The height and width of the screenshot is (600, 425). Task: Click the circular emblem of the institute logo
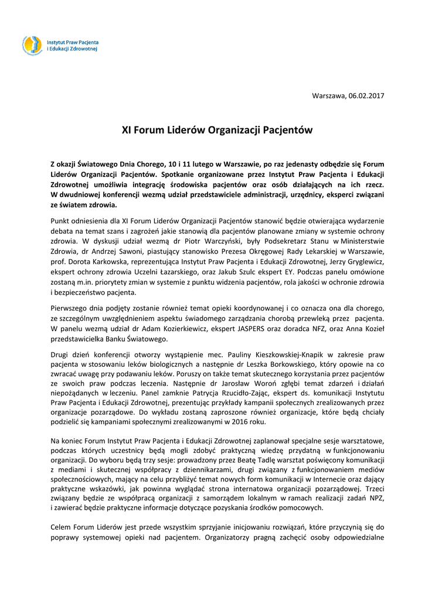click(32, 45)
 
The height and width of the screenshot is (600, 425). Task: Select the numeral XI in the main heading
click(126, 129)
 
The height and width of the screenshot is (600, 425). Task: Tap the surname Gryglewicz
click(362, 260)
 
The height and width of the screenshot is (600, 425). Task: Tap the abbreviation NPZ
click(375, 497)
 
